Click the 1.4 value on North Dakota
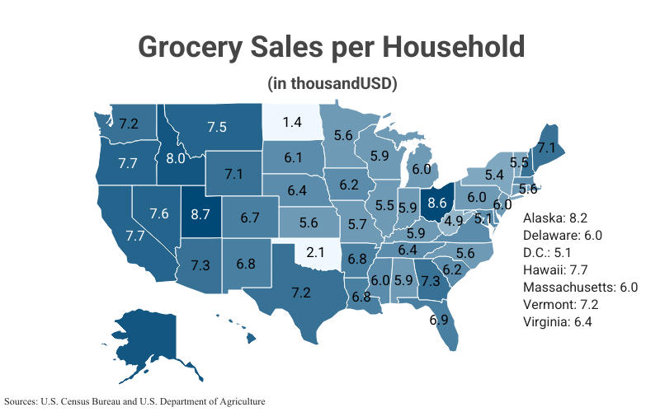click(291, 122)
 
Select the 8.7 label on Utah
click(200, 214)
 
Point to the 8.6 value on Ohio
click(437, 202)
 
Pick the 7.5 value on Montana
click(217, 127)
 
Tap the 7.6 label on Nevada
click(159, 213)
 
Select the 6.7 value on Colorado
click(250, 218)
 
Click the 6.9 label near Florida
click(439, 319)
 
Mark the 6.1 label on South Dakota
click(293, 157)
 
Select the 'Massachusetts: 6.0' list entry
click(581, 287)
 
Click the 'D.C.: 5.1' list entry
click(554, 252)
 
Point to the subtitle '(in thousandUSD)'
click(332, 83)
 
